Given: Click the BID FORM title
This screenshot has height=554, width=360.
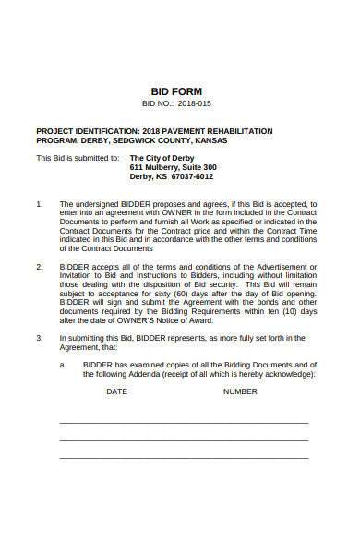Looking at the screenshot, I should tap(179, 91).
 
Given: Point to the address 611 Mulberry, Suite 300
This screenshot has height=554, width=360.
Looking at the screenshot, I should tap(173, 167).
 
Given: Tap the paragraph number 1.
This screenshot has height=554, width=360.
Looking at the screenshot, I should tap(39, 204).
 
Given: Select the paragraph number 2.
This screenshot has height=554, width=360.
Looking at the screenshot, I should tap(39, 267).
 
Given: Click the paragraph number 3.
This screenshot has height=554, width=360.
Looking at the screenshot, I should tap(39, 338).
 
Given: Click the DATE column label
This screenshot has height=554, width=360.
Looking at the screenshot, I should tap(117, 391).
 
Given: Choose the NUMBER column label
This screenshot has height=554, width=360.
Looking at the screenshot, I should tap(240, 391).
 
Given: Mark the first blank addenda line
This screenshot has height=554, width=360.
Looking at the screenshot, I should tap(184, 422).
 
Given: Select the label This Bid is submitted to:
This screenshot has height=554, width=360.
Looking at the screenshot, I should tap(78, 158).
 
